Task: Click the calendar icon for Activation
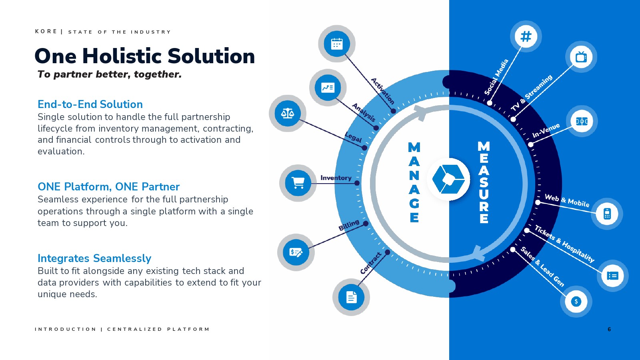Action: point(337,44)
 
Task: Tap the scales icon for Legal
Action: point(288,114)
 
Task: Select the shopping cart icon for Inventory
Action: point(298,183)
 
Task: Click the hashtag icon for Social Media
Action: point(526,36)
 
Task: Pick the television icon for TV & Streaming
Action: point(581,57)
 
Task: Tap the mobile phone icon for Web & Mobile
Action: point(607,214)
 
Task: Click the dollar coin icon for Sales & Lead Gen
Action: point(576,302)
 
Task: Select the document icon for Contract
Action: point(351,297)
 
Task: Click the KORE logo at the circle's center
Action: point(448,179)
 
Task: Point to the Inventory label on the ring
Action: point(336,178)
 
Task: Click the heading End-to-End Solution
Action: point(90,104)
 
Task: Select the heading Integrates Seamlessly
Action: point(94,258)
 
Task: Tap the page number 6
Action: point(609,329)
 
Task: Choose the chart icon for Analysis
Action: point(328,88)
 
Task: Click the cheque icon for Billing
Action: point(296,252)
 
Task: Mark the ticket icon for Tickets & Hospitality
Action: point(612,276)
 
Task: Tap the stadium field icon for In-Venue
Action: point(582,122)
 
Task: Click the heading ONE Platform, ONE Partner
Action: point(108,186)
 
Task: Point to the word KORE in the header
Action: point(46,32)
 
